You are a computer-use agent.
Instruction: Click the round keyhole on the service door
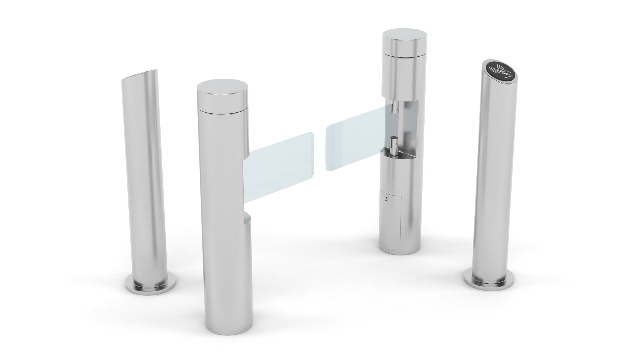[x=386, y=199]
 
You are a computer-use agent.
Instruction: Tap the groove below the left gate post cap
[x=222, y=108]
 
